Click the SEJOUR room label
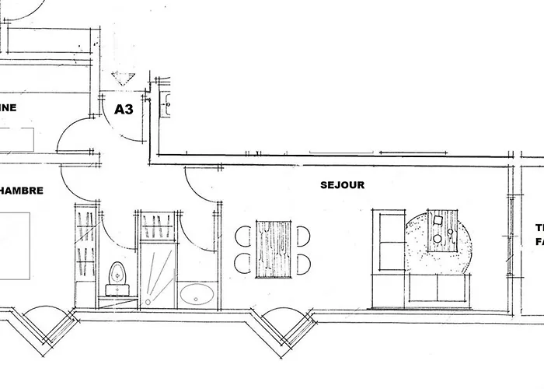point(342,185)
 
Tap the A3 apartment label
point(124,110)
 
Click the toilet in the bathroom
point(117,275)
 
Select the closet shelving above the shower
point(158,226)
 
